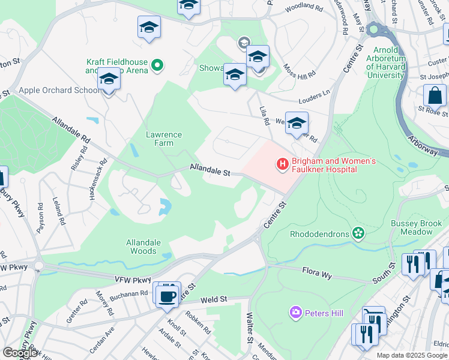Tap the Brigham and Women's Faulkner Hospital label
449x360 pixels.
333,165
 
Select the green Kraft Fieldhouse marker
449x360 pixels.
157,65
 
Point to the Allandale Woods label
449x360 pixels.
143,247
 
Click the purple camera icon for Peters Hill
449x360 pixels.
295,311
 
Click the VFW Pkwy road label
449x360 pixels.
133,280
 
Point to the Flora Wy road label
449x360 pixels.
317,275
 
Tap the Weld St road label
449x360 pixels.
214,298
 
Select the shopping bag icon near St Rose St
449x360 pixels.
434,96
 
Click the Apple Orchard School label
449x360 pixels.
59,90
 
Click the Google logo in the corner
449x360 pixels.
20,353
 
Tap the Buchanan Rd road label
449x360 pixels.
128,293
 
